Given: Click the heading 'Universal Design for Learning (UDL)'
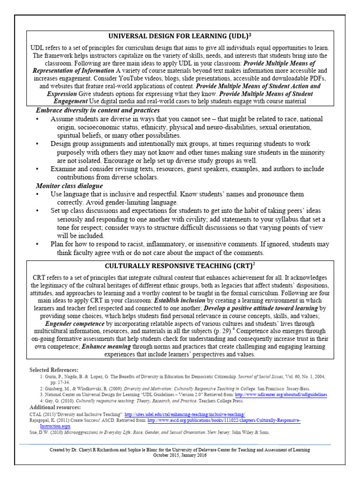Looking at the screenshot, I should [180, 37].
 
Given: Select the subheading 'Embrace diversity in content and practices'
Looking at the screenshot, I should [97, 110].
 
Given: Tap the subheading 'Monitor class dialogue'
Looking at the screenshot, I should [69, 186].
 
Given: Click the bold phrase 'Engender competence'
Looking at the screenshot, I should [74, 323].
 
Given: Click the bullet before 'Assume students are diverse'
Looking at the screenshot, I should [37, 119].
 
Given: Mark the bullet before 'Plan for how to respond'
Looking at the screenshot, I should [37, 244].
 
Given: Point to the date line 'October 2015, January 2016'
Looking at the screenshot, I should [180, 455].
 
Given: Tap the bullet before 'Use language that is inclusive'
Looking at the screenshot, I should [37, 194].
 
